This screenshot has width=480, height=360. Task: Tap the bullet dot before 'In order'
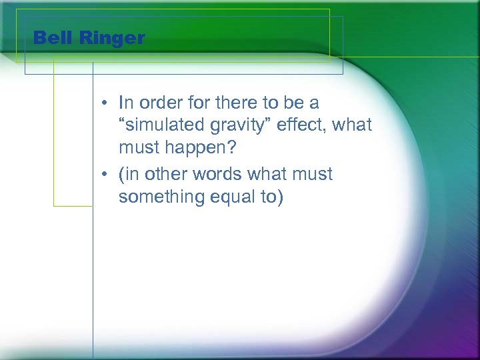click(106, 104)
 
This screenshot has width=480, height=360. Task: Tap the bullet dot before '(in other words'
click(106, 175)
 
